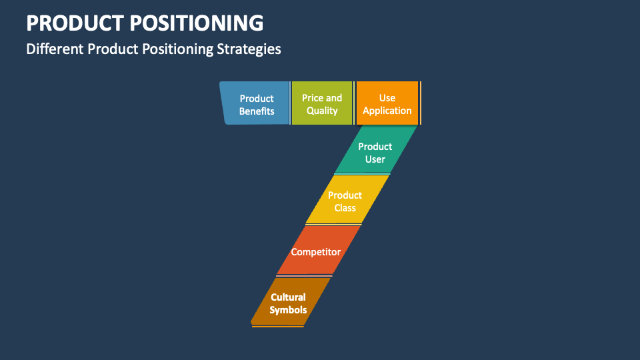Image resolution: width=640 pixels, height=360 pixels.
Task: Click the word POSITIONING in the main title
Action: coord(198,23)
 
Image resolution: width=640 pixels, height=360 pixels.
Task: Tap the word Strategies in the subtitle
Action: coord(249,49)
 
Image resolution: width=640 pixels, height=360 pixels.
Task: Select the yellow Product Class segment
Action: coord(345,201)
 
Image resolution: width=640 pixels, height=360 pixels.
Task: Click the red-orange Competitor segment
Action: coord(315,251)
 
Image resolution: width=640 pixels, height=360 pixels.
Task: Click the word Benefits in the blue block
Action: coord(257,111)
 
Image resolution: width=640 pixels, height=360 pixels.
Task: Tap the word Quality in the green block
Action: coord(322,111)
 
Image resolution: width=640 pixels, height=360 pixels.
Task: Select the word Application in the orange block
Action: coord(387,111)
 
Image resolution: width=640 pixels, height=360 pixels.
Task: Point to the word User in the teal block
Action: coord(375,159)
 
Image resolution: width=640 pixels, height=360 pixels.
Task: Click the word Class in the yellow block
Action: coord(345,208)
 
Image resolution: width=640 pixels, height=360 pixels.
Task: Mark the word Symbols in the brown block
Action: coord(288,310)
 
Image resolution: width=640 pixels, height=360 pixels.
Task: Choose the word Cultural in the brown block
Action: coord(288,297)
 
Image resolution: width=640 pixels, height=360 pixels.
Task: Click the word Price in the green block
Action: coord(312,98)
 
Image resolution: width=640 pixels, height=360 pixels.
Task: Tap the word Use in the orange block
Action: coord(387,98)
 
